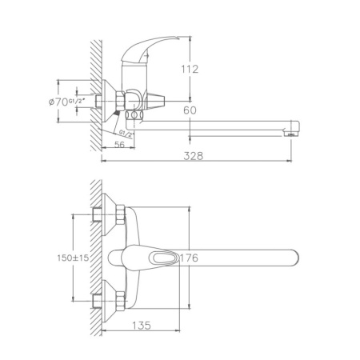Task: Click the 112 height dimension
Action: coord(189,70)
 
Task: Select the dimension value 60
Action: coord(189,110)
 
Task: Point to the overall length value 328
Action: coord(193,156)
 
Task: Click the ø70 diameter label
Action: coord(58,102)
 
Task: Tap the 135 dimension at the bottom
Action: coord(140,326)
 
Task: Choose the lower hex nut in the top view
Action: coord(117,301)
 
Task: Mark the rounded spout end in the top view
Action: coord(292,258)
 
